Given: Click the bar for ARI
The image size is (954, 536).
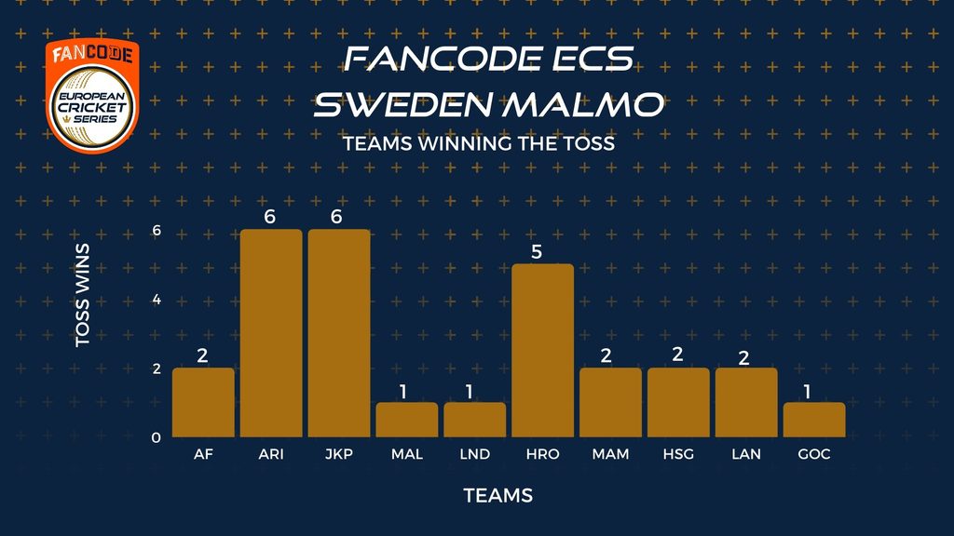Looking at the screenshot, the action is [271, 333].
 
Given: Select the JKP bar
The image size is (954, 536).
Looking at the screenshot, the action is [339, 333].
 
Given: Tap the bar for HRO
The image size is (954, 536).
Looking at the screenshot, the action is [543, 351].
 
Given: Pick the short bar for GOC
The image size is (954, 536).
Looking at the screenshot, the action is [814, 420].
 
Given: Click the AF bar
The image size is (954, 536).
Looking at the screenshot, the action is [203, 402].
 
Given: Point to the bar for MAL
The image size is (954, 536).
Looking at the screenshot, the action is [407, 420].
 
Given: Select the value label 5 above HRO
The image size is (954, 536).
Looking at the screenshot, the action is [536, 251].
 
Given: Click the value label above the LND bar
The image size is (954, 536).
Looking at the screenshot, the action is [470, 392].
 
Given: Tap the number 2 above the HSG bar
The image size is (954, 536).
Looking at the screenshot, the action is [678, 355].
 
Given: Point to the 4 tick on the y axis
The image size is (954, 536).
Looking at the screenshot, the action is [157, 299].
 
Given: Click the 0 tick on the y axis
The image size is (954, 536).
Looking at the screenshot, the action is [157, 437].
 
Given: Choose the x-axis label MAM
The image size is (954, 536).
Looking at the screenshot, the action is [610, 454].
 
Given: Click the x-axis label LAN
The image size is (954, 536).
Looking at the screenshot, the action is [746, 454].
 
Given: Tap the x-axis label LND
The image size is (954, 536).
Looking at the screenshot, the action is [474, 454].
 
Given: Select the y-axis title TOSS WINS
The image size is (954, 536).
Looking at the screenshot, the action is [82, 295].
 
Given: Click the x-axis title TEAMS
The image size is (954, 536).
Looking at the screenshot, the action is [498, 495].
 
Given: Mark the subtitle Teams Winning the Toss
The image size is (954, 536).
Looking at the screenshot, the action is [479, 143].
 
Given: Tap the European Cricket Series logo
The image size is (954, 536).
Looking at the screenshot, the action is [92, 96].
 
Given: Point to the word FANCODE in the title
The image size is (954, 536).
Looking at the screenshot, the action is [443, 59].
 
